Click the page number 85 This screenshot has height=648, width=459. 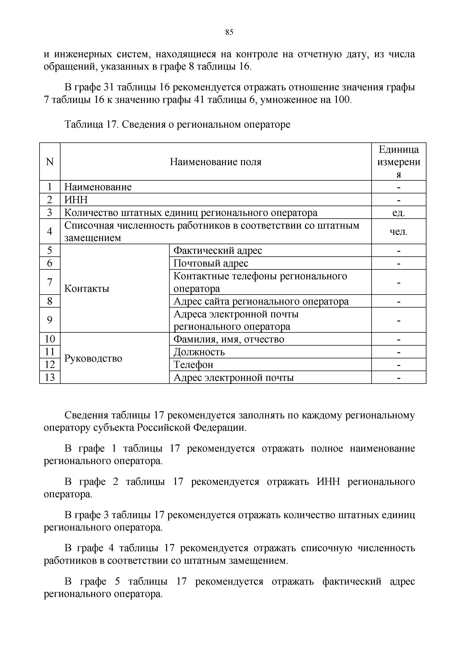point(229,33)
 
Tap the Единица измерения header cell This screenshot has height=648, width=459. point(399,162)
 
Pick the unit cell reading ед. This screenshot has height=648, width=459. point(399,212)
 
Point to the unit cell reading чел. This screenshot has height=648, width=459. point(399,232)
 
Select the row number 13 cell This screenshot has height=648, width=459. point(50,377)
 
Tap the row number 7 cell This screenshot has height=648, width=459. point(50,282)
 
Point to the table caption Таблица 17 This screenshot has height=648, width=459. point(88,125)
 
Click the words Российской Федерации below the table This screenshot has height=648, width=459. point(191,428)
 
